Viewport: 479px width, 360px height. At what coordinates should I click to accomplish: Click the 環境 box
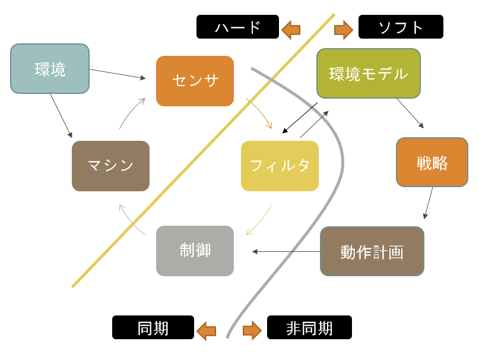tap(50, 68)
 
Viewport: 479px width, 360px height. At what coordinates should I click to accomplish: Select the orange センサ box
tap(195, 81)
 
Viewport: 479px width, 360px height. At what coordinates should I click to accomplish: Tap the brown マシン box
tap(110, 166)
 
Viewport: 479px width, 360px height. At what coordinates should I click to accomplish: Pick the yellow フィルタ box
tap(280, 166)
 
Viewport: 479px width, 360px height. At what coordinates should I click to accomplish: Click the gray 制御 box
tap(195, 251)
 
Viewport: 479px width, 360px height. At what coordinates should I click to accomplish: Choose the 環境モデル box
tap(369, 74)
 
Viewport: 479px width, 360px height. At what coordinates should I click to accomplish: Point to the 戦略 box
tap(432, 162)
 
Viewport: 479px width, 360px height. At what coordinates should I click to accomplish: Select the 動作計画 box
tap(372, 251)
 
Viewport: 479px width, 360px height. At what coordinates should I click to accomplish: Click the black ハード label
tap(237, 27)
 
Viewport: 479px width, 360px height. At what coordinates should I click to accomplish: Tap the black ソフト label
tap(401, 27)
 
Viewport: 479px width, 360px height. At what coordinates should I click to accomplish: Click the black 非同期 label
tap(309, 327)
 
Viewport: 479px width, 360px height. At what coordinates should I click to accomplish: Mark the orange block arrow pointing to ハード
tap(291, 30)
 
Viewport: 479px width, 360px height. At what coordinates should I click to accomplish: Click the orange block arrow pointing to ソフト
tap(344, 30)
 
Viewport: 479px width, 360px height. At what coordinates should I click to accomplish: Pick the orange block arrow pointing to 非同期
tap(252, 331)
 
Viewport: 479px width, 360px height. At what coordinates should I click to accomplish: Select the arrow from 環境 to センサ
tap(118, 74)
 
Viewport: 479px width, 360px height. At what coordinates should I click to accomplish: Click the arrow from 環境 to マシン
tap(61, 116)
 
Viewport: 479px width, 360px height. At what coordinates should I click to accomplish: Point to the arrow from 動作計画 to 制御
tap(286, 251)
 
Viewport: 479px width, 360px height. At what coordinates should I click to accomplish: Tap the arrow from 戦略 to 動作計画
tap(429, 203)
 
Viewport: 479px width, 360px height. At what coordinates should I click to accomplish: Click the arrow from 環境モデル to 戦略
tap(410, 113)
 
